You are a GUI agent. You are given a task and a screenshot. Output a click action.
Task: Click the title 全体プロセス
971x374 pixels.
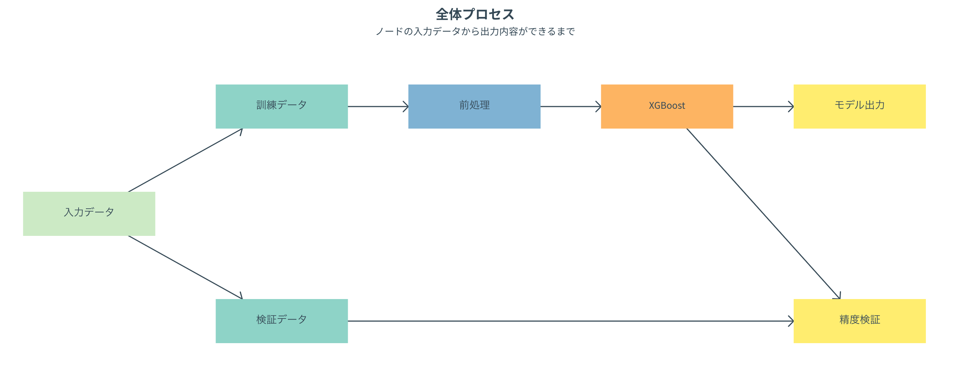[x=474, y=14]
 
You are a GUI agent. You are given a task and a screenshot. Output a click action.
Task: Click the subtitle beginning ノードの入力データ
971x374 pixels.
[x=474, y=31]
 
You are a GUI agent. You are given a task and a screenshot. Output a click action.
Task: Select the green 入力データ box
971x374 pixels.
[x=89, y=214]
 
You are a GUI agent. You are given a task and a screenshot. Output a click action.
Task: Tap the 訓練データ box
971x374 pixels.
[x=282, y=106]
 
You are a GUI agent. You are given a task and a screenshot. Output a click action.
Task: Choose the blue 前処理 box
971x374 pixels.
[x=474, y=106]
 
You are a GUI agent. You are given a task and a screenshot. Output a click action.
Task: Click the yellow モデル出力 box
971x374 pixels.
[x=859, y=106]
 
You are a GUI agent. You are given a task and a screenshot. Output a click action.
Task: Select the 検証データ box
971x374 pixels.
[x=282, y=321]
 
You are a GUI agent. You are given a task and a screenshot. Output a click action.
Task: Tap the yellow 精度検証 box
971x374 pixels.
[x=859, y=321]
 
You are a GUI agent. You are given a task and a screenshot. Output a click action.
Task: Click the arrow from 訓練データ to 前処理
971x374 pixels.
[x=377, y=107]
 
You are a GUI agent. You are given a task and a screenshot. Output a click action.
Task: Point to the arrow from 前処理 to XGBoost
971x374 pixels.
[x=570, y=107]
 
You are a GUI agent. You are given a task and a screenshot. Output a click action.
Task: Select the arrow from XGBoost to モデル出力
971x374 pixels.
[x=762, y=107]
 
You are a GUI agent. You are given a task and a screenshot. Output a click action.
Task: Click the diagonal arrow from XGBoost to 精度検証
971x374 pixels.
[x=763, y=213]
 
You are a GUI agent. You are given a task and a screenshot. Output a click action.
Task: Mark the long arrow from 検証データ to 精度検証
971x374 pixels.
[x=566, y=321]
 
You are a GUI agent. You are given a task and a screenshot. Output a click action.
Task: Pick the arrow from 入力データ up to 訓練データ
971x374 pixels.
[x=185, y=160]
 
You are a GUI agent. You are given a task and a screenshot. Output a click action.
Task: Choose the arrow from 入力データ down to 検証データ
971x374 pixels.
[x=185, y=267]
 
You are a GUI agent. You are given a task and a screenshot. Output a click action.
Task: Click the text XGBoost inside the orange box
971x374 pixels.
[x=667, y=105]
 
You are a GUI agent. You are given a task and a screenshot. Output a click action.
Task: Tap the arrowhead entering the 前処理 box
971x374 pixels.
[x=406, y=107]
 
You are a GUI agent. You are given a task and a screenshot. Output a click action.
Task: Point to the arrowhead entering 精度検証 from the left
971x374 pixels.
[x=791, y=321]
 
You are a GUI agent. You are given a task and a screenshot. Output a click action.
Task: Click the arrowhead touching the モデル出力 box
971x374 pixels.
[x=791, y=107]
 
